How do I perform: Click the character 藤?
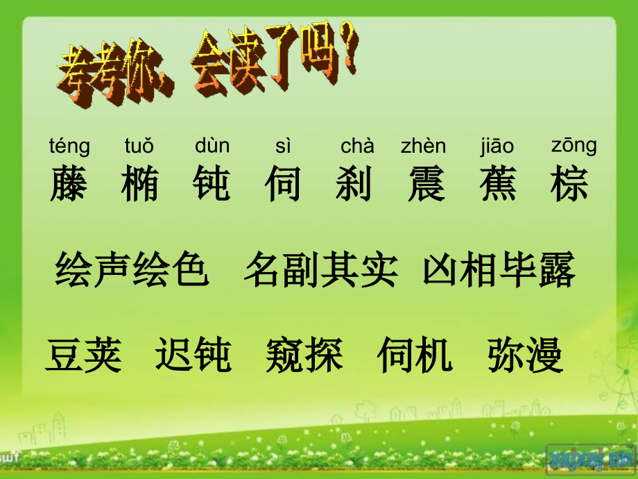pyautogui.click(x=69, y=183)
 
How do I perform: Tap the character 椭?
pyautogui.click(x=140, y=183)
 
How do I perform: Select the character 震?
pyautogui.click(x=426, y=183)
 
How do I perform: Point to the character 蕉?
pyautogui.click(x=498, y=183)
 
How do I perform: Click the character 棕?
pyautogui.click(x=570, y=183)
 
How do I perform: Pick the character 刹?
pyautogui.click(x=354, y=183)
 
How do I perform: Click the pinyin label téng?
pyautogui.click(x=69, y=147)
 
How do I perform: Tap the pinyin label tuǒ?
pyautogui.click(x=139, y=146)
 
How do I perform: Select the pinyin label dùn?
pyautogui.click(x=212, y=146)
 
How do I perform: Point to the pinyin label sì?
pyautogui.click(x=283, y=146)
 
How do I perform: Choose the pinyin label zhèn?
pyautogui.click(x=424, y=146)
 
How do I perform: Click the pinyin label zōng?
pyautogui.click(x=574, y=146)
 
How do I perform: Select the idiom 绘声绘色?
pyautogui.click(x=132, y=271)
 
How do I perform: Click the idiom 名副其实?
pyautogui.click(x=321, y=271)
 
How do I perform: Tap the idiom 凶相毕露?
pyautogui.click(x=499, y=271)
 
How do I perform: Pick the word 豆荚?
pyautogui.click(x=84, y=355)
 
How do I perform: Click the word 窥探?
pyautogui.click(x=304, y=355)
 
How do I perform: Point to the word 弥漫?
pyautogui.click(x=525, y=355)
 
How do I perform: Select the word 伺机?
pyautogui.click(x=415, y=355)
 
